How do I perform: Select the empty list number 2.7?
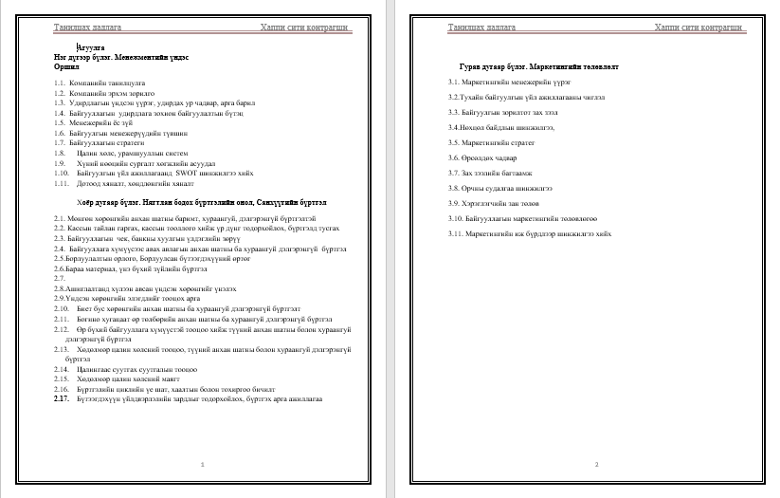tap(60, 279)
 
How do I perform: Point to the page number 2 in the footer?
tap(596, 464)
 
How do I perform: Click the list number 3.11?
tap(458, 232)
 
